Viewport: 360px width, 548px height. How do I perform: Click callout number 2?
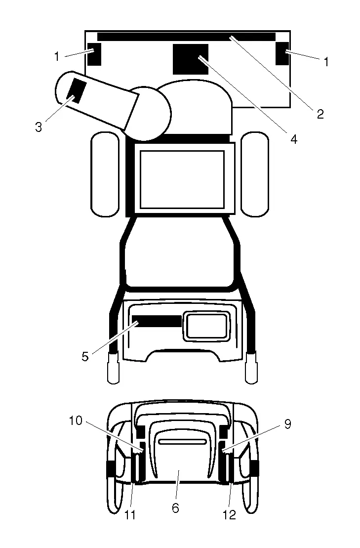coord(320,114)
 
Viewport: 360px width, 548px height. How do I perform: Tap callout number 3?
coord(39,127)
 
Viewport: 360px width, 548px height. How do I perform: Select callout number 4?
coord(294,139)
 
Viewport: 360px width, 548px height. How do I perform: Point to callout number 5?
coord(85,357)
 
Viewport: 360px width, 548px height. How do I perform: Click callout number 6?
coord(176,508)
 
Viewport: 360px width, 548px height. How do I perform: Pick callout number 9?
coord(288,424)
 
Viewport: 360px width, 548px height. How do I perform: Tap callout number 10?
coord(76,421)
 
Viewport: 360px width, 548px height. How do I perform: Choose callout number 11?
coord(130,515)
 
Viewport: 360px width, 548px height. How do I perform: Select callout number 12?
coord(230,515)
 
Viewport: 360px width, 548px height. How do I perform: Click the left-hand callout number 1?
coord(57,56)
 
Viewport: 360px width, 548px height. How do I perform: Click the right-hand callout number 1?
coord(326,62)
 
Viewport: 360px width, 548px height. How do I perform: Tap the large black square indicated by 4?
coord(191,59)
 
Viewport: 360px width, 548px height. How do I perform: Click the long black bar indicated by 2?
coord(187,37)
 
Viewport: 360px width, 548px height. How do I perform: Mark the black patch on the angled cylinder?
coord(77,90)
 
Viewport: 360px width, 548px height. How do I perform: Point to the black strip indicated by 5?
coord(157,321)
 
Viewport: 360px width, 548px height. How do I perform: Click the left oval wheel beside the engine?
coord(105,174)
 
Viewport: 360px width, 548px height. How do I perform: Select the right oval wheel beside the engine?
coord(255,174)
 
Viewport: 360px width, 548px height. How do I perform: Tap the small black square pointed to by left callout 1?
coord(94,54)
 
